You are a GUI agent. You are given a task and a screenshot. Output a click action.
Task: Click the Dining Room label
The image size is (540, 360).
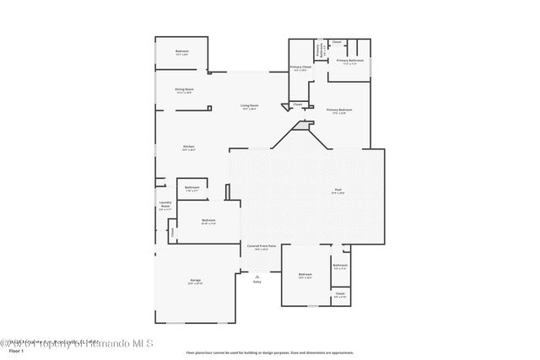click(x=184, y=89)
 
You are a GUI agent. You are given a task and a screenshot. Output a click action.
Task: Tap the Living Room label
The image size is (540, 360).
click(x=250, y=105)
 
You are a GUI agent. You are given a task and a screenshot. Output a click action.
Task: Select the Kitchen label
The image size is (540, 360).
click(x=189, y=147)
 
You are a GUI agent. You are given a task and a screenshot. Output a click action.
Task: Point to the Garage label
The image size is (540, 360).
click(x=195, y=281)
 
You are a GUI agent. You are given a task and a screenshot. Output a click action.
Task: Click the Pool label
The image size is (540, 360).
click(x=337, y=191)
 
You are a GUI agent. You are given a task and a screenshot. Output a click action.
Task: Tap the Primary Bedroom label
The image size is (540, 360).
click(x=339, y=110)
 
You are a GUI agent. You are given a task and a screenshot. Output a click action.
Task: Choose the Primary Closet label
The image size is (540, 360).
click(x=301, y=67)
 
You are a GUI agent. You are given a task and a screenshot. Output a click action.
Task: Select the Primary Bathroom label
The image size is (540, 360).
click(x=350, y=61)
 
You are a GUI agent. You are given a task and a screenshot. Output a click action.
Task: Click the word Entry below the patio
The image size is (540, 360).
click(x=257, y=281)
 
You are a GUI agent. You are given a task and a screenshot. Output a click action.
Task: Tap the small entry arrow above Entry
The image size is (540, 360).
click(x=257, y=274)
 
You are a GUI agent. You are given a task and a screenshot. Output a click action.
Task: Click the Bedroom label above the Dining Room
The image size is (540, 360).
click(x=182, y=51)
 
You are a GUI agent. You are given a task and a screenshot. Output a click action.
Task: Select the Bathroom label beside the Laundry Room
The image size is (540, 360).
click(x=192, y=187)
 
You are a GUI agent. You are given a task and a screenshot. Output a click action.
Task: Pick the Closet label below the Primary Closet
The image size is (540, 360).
click(x=297, y=105)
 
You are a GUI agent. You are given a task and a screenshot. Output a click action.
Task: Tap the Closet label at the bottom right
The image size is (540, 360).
click(x=339, y=295)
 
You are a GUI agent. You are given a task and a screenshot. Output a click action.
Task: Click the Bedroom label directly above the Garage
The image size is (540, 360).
click(x=208, y=221)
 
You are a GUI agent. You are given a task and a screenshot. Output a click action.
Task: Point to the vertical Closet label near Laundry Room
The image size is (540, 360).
click(x=172, y=230)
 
